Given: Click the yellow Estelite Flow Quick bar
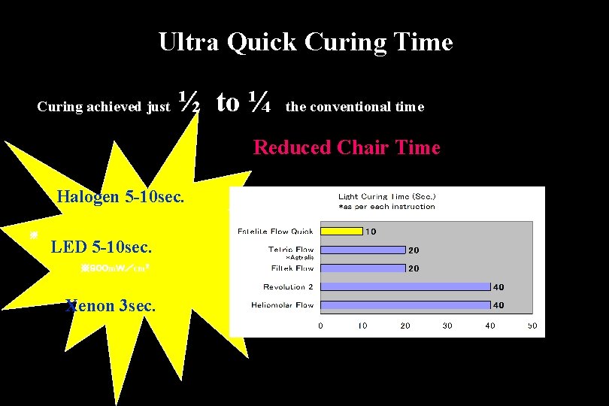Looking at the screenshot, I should point(341,231).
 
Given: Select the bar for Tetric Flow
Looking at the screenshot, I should point(362,250).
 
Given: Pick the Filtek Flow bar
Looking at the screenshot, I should point(362,268).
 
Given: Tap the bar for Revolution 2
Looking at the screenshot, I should point(405,286).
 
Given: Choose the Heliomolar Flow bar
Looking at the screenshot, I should point(405,304).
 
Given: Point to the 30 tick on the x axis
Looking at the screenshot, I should point(447,326).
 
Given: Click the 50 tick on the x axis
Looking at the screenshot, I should point(532,326).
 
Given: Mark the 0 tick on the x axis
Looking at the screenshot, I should point(320,326).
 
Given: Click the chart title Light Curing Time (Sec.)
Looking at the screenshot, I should point(386,196).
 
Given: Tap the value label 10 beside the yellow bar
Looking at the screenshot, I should point(371,232).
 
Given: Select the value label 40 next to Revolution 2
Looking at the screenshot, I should point(498,287).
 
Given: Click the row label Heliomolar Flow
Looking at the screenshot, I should point(283,305).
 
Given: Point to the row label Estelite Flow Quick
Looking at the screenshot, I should point(275,231).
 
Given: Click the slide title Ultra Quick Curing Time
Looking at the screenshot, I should point(305,42).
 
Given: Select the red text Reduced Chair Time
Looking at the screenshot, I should point(347,147).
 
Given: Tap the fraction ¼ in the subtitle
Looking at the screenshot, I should point(260,103).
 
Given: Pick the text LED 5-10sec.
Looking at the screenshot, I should point(101,247).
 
